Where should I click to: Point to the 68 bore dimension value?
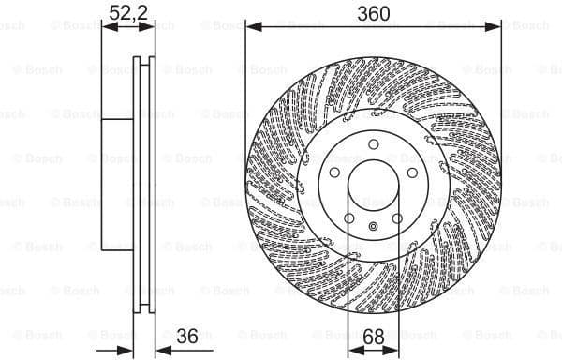(x=373, y=336)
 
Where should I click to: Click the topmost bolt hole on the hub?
(x=373, y=144)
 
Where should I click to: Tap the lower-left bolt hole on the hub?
(x=348, y=219)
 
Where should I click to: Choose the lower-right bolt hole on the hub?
(x=397, y=219)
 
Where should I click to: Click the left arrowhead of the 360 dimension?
(x=251, y=28)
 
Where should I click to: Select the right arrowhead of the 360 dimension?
(x=495, y=28)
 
